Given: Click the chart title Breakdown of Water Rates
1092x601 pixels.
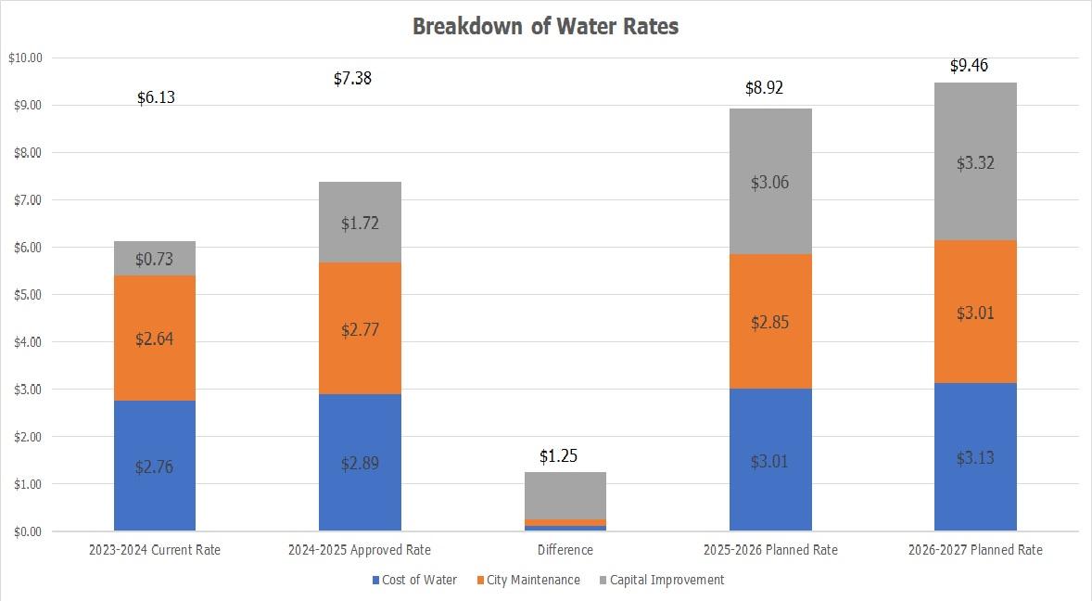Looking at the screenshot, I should [x=545, y=27].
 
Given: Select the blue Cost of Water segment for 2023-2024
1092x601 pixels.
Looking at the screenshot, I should [x=155, y=466].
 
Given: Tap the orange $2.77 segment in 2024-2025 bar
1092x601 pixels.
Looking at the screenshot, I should [x=360, y=328].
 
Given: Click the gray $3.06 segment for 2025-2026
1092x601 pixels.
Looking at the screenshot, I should [x=770, y=182].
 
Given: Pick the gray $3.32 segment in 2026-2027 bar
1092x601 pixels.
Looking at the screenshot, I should [x=975, y=162].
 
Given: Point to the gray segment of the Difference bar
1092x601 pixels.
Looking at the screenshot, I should [x=565, y=495].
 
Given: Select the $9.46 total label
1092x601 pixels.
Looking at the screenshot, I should [x=975, y=66].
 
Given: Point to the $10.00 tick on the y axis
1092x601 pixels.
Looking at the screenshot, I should [x=25, y=58].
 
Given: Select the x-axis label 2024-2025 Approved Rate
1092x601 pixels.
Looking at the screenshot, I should [x=360, y=550].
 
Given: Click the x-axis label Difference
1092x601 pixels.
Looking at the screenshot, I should [x=565, y=550].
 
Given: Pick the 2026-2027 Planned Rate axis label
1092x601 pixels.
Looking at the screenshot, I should [x=975, y=550].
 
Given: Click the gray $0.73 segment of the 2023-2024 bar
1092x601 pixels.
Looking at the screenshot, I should [x=155, y=259].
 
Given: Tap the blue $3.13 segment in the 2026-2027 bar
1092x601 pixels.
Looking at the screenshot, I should [x=975, y=457].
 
